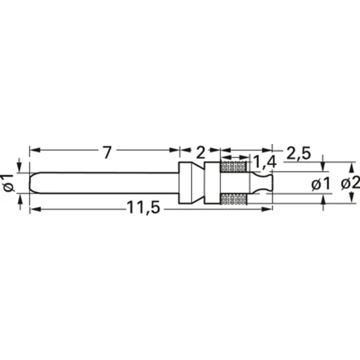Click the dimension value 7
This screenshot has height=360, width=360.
[x=106, y=152]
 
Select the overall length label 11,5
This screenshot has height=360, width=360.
[x=143, y=208]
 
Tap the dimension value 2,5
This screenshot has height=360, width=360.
[x=298, y=153]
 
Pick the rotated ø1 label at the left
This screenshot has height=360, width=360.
[x=8, y=182]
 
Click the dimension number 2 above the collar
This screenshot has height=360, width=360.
[x=200, y=152]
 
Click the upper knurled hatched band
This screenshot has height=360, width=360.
[x=233, y=167]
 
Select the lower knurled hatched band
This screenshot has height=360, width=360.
[x=233, y=199]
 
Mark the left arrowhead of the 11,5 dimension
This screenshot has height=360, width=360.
[x=34, y=209]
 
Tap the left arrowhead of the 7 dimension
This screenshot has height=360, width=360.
[x=34, y=149]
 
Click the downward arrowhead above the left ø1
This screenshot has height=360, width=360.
[x=20, y=169]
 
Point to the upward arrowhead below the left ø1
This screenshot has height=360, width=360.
[x=20, y=197]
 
